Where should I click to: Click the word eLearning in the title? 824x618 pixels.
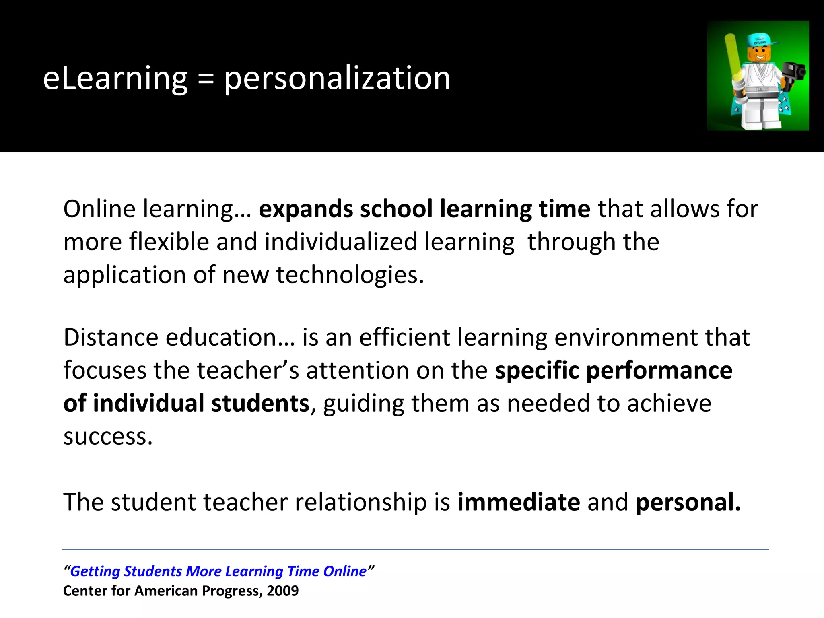pyautogui.click(x=115, y=78)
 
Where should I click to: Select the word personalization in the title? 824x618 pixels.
pyautogui.click(x=337, y=78)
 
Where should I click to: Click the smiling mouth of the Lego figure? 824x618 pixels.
pyautogui.click(x=759, y=57)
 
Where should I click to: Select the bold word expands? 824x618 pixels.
pyautogui.click(x=306, y=209)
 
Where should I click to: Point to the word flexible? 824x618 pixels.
pyautogui.click(x=169, y=242)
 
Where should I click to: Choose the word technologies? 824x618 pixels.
pyautogui.click(x=350, y=275)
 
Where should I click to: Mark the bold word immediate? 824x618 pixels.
pyautogui.click(x=519, y=502)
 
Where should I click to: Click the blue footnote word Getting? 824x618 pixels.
pyautogui.click(x=95, y=571)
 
